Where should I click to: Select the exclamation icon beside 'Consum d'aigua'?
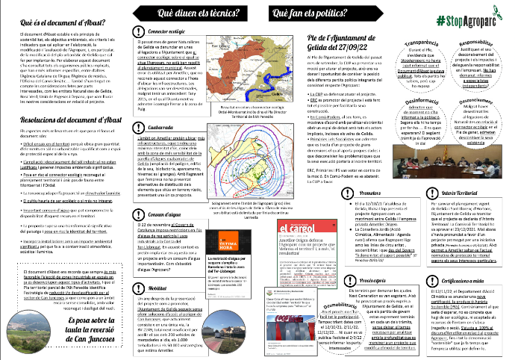pos(142,193)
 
